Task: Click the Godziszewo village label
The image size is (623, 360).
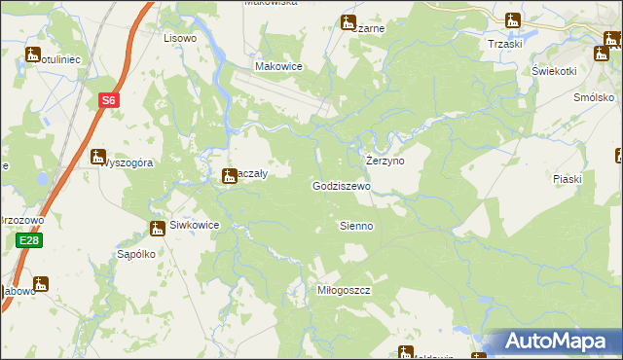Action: coord(342,186)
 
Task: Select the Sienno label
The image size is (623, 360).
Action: coord(355,226)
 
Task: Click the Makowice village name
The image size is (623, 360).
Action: coord(278,66)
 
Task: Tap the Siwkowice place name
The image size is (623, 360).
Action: coord(195,225)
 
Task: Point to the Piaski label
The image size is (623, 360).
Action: coord(567,179)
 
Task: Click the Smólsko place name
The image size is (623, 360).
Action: coord(595,98)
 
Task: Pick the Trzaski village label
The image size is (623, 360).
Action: coord(505,44)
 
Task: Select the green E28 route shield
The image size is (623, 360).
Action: coord(28,241)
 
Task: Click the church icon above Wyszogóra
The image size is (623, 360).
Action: coord(98,156)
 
